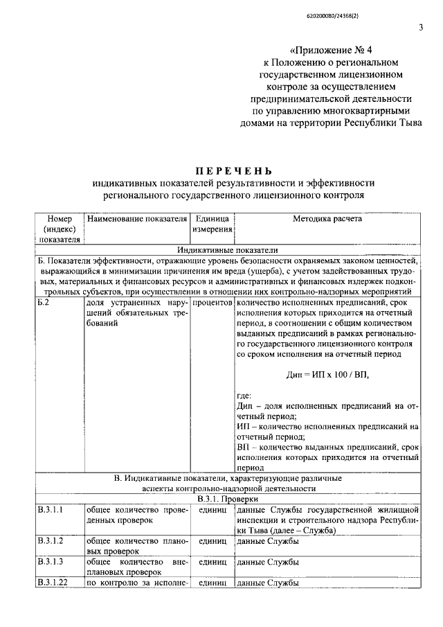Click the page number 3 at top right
point(420,28)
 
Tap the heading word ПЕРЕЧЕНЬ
point(233,171)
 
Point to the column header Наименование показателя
point(137,219)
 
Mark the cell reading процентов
point(212,303)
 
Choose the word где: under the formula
point(245,395)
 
